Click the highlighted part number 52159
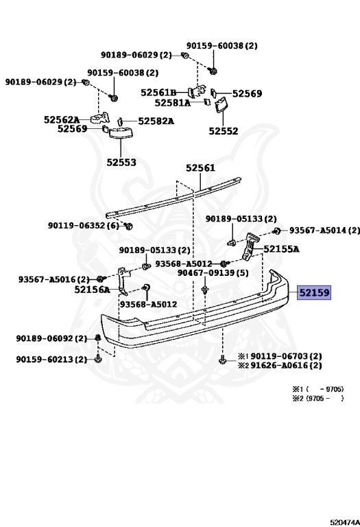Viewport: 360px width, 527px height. point(314,292)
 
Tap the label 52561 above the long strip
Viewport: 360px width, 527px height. point(200,167)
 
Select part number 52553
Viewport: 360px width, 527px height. point(121,163)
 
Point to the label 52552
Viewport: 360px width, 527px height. point(224,131)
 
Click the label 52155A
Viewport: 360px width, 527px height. point(281,249)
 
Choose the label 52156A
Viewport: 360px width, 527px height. point(92,290)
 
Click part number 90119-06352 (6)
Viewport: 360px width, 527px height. point(83,225)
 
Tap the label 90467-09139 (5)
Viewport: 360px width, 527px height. point(213,272)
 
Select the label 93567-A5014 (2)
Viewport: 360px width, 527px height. point(324,231)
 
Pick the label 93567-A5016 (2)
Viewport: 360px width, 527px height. point(53,279)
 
